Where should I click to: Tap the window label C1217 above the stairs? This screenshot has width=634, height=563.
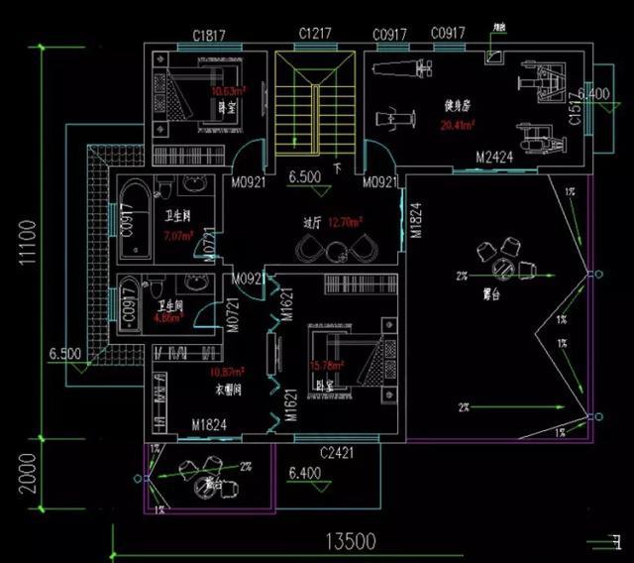pyautogui.click(x=314, y=35)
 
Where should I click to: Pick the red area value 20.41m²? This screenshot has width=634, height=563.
pyautogui.click(x=457, y=126)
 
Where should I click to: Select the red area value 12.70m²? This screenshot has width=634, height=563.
pyautogui.click(x=345, y=221)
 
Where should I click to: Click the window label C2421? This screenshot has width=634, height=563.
pyautogui.click(x=337, y=452)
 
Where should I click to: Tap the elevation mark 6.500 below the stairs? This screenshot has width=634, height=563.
pyautogui.click(x=302, y=178)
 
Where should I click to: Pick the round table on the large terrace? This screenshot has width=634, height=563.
pyautogui.click(x=504, y=267)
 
